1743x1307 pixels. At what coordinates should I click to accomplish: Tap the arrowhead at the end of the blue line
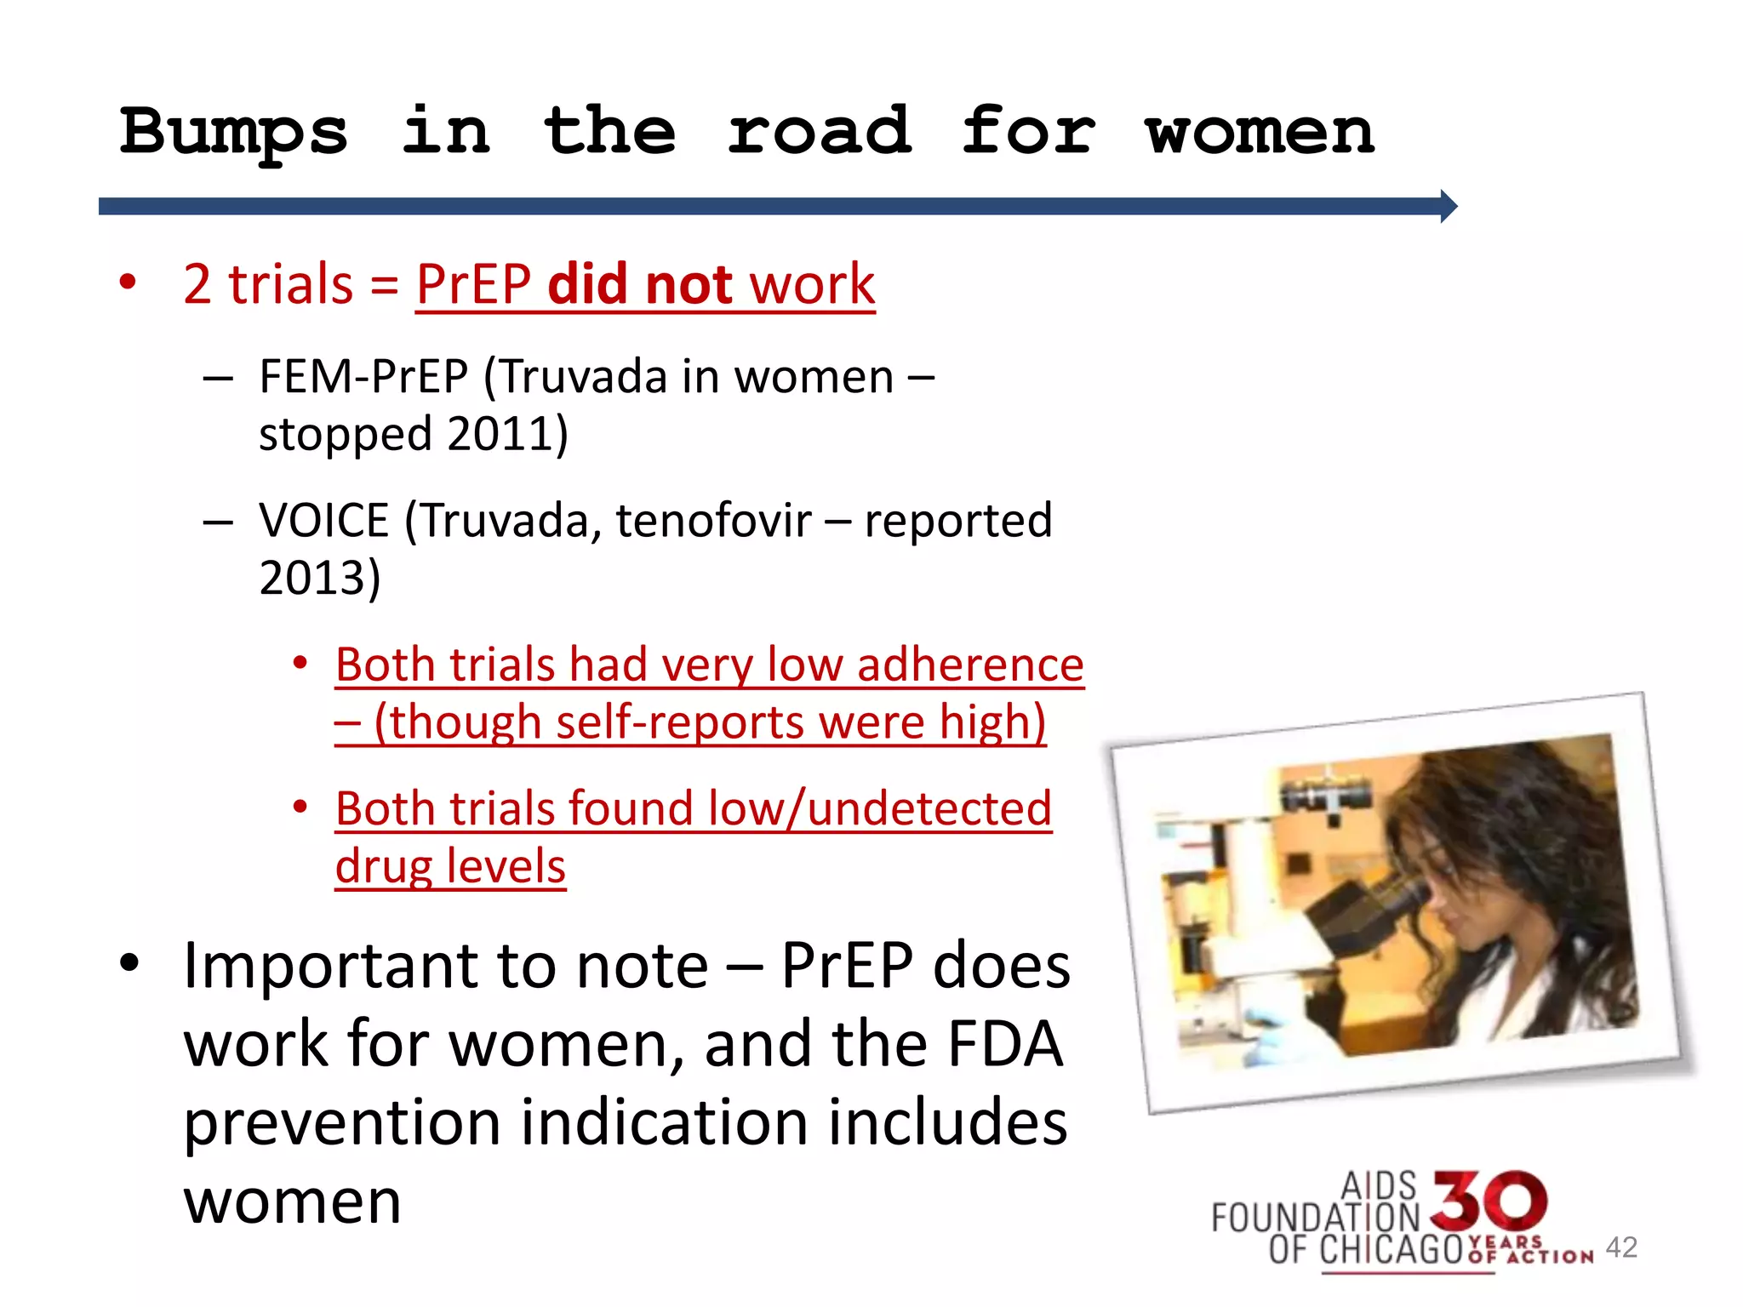[x=1449, y=206]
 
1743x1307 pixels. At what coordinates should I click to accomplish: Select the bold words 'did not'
[x=639, y=284]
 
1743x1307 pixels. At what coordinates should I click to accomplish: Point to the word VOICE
[x=324, y=521]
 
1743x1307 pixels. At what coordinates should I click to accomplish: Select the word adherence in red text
[x=970, y=665]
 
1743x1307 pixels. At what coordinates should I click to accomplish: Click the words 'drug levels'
[x=450, y=866]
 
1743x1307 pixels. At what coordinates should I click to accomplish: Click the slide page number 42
[x=1621, y=1247]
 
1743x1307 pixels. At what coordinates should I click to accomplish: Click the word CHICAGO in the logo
[x=1391, y=1249]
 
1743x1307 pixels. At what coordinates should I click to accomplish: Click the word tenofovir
[x=713, y=521]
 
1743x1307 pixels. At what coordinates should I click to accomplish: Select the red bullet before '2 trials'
[x=128, y=283]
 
